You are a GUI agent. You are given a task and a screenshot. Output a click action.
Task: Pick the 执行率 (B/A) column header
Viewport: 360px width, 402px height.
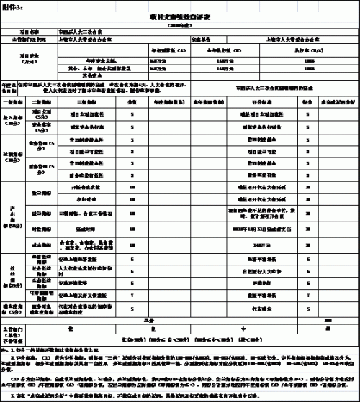click(x=315, y=50)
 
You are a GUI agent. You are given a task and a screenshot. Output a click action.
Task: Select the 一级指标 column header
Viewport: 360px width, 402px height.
click(x=16, y=102)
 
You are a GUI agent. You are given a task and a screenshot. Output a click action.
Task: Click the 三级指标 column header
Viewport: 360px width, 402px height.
click(x=86, y=102)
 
